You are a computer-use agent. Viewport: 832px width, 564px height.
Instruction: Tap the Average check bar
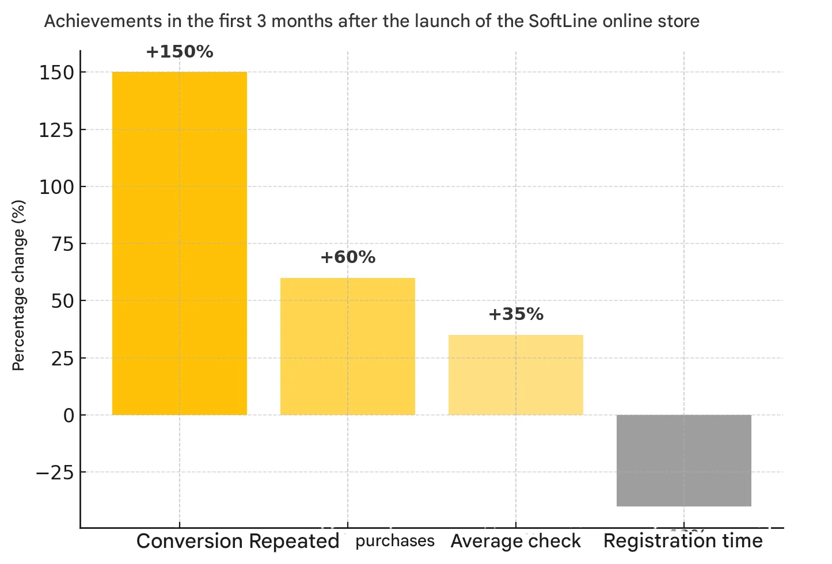click(x=516, y=375)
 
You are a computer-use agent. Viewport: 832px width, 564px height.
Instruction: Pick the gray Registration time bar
click(x=684, y=460)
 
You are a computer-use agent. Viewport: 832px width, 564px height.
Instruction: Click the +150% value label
click(x=180, y=52)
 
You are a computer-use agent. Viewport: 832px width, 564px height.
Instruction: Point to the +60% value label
click(x=348, y=257)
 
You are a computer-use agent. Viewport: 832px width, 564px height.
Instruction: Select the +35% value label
click(x=516, y=314)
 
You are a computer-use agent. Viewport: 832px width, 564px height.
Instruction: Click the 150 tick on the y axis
click(x=56, y=73)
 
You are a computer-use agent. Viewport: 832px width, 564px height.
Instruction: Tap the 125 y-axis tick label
click(x=56, y=130)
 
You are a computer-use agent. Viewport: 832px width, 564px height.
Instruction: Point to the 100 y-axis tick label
click(x=56, y=187)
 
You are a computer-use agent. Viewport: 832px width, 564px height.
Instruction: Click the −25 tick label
click(x=55, y=472)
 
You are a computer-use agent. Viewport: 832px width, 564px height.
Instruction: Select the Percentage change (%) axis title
click(x=18, y=285)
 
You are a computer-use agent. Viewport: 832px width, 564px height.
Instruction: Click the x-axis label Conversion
click(x=190, y=542)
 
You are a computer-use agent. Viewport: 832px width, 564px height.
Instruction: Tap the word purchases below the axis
click(x=395, y=541)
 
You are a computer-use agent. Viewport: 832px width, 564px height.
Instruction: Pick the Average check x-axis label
click(x=516, y=542)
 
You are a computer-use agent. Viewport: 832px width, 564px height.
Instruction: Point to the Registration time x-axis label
click(x=683, y=541)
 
